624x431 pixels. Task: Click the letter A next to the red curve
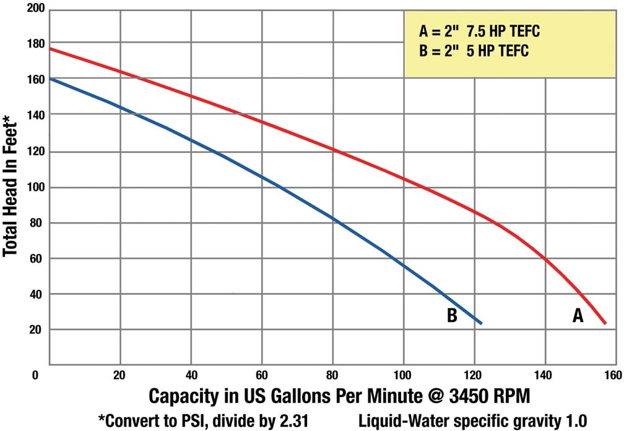point(577,316)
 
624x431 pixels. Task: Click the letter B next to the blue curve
point(452,316)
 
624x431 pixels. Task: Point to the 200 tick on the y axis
point(38,8)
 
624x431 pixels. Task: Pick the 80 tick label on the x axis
point(332,375)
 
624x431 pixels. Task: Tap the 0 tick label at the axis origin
point(36,375)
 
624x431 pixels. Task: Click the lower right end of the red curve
point(605,323)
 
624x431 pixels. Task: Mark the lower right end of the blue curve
point(481,323)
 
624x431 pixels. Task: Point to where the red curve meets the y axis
point(50,48)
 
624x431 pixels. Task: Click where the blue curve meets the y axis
point(50,79)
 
